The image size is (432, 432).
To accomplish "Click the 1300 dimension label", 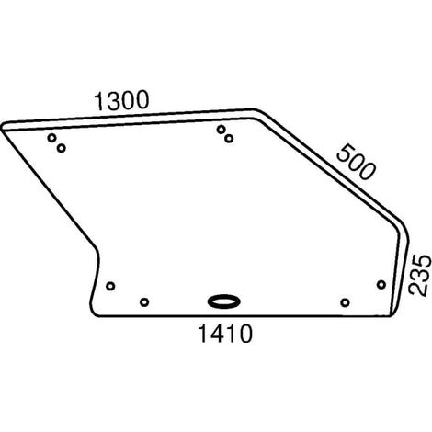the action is [x=121, y=101].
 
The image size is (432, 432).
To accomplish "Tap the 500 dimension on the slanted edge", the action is [x=356, y=163].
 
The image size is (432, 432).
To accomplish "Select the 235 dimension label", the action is [x=420, y=275].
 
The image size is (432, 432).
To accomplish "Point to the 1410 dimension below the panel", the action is [x=225, y=334].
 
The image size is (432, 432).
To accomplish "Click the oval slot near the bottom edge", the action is [x=223, y=301].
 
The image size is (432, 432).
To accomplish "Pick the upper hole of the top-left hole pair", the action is [x=52, y=138].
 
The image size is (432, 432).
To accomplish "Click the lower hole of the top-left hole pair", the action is [x=62, y=148].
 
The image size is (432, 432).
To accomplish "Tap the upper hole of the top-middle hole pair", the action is [x=221, y=130].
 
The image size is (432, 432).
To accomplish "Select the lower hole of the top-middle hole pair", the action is [x=229, y=139].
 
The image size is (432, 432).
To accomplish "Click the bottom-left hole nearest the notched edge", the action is [x=110, y=286].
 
